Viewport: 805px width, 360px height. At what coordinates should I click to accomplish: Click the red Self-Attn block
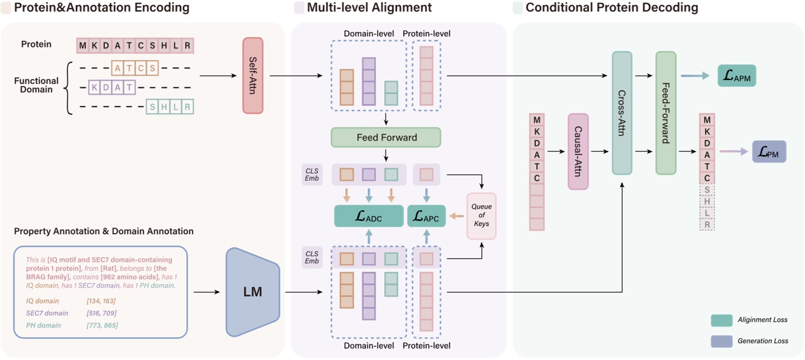(253, 75)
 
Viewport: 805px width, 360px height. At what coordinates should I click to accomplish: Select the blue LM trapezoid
(252, 291)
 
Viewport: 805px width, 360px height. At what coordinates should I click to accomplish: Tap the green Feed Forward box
(386, 137)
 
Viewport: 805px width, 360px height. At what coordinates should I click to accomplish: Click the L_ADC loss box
(368, 216)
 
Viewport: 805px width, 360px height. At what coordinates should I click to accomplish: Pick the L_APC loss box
(427, 216)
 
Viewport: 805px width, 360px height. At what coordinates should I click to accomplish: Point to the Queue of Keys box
(481, 215)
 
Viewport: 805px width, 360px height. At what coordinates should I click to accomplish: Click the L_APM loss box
(737, 75)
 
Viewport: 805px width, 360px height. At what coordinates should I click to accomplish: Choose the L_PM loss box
(769, 151)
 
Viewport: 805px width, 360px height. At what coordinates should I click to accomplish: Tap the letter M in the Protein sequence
(83, 46)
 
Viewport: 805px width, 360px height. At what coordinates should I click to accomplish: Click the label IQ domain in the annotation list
(42, 301)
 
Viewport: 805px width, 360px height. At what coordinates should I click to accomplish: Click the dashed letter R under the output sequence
(707, 224)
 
